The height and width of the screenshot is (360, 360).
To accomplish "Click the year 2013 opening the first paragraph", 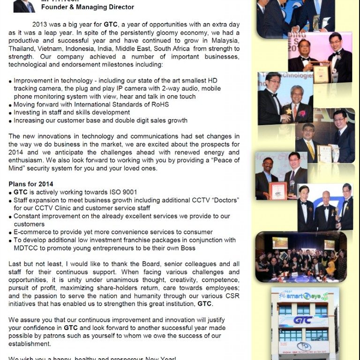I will [40, 24].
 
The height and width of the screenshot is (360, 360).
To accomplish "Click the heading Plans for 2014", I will [31, 184].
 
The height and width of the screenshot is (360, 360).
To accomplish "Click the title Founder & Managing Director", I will [88, 7].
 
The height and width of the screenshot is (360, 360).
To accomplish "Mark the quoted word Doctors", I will [222, 200].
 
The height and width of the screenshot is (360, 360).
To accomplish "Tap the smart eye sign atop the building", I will [303, 296].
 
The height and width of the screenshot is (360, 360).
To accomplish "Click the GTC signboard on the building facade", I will [303, 321].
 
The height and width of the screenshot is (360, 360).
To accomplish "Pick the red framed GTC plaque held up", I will [277, 190].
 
